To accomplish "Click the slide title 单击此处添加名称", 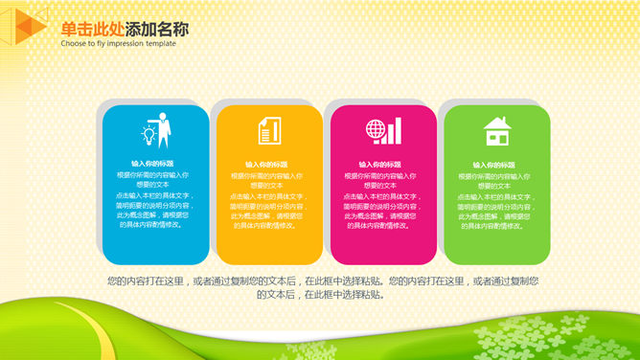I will pyautogui.click(x=125, y=29).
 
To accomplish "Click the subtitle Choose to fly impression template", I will pyautogui.click(x=118, y=44).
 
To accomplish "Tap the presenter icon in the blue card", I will pyautogui.click(x=154, y=131).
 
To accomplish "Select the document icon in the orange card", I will pyautogui.click(x=267, y=131).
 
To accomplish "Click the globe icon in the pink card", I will pyautogui.click(x=375, y=131).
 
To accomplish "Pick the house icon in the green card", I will pyautogui.click(x=496, y=131).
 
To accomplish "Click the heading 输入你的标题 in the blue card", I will pyautogui.click(x=153, y=164).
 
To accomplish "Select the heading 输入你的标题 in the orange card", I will pyautogui.click(x=267, y=164).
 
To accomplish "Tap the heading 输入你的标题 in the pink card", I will pyautogui.click(x=381, y=164).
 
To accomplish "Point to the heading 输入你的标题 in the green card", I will pyautogui.click(x=495, y=164).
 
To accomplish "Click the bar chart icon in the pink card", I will pyautogui.click(x=396, y=131).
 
